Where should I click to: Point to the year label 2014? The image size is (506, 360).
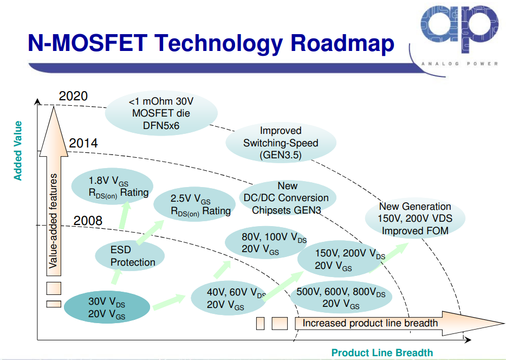tap(83, 144)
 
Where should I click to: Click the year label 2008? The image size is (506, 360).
tap(88, 221)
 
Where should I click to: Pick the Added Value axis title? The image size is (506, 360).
tap(18, 151)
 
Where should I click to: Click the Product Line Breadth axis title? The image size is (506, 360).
tap(382, 353)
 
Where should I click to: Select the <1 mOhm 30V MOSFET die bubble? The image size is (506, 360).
tap(161, 113)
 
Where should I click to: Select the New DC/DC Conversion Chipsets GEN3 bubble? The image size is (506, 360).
tap(287, 198)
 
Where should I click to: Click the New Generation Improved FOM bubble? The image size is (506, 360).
tap(415, 218)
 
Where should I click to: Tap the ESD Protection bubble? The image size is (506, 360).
tap(130, 257)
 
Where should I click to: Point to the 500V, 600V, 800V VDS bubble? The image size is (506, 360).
tap(341, 298)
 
